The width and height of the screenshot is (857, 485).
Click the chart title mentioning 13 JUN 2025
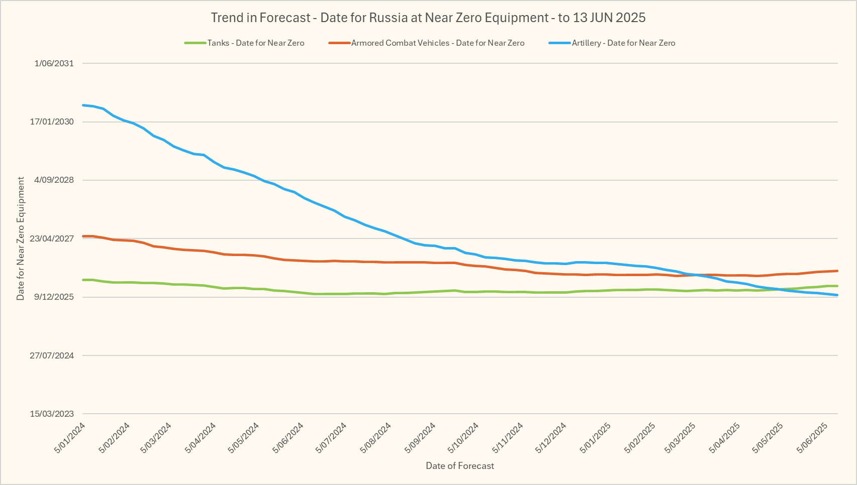click(428, 18)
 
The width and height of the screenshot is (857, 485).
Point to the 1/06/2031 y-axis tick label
click(54, 63)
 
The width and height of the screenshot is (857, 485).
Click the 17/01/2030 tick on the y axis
click(52, 122)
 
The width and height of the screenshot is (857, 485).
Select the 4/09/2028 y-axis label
click(54, 180)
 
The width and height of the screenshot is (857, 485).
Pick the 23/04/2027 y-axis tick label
click(52, 238)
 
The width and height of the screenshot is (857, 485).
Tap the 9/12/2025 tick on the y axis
click(54, 297)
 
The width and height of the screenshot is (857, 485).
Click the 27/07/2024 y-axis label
click(52, 355)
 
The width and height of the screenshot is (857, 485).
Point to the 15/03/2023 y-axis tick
click(52, 414)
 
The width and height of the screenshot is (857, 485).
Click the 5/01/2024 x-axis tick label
click(70, 438)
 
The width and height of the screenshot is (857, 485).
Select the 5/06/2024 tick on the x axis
click(289, 438)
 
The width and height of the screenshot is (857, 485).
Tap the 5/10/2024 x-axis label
click(464, 438)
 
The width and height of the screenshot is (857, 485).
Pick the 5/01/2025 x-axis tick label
click(596, 438)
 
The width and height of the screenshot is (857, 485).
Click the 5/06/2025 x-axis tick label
click(813, 438)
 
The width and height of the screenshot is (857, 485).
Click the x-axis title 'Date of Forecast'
click(459, 466)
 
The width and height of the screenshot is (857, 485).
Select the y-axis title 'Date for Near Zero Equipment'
click(21, 238)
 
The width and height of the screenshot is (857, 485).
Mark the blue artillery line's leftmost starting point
click(83, 105)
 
